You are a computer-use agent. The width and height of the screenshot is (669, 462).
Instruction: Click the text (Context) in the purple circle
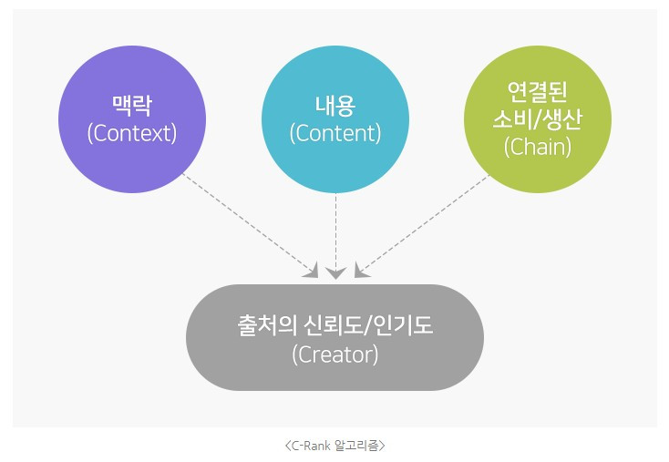pyautogui.click(x=131, y=133)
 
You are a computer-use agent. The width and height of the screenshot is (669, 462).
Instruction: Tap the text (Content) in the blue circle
pyautogui.click(x=334, y=133)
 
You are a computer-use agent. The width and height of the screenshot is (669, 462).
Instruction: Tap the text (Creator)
pyautogui.click(x=334, y=354)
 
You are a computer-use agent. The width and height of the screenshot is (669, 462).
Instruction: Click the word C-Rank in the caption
pyautogui.click(x=314, y=446)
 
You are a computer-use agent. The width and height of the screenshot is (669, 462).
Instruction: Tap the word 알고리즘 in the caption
pyautogui.click(x=359, y=446)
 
